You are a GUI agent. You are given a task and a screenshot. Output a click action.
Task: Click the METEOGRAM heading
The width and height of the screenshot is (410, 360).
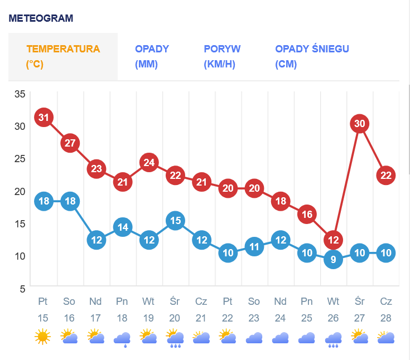(x=41, y=18)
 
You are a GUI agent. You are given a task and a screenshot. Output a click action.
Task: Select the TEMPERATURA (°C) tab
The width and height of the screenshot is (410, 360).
(x=63, y=56)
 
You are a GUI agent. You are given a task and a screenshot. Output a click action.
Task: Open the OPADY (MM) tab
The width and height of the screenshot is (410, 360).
(x=152, y=56)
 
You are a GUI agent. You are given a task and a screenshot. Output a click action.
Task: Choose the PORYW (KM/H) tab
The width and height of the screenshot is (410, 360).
(x=222, y=56)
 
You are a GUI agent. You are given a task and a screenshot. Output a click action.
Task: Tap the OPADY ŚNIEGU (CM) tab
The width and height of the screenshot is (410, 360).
(x=312, y=56)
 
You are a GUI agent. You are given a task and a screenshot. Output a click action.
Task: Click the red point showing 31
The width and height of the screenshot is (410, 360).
(x=44, y=117)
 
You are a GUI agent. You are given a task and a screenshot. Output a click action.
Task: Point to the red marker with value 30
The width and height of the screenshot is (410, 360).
(x=360, y=123)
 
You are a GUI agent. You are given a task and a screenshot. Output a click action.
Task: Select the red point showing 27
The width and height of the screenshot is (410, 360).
(x=70, y=143)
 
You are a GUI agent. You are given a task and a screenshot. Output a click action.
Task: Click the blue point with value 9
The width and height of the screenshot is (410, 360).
(x=333, y=259)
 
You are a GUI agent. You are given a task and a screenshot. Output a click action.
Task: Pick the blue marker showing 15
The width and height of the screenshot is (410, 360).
(x=175, y=220)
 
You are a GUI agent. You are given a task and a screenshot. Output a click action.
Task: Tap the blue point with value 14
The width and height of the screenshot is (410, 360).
(x=123, y=227)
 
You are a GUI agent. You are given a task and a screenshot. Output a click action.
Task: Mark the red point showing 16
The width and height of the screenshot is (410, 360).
(x=307, y=214)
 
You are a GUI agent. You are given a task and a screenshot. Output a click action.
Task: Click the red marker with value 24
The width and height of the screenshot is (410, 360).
(x=149, y=163)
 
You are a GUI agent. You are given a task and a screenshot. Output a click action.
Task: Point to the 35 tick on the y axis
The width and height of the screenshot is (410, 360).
(x=20, y=94)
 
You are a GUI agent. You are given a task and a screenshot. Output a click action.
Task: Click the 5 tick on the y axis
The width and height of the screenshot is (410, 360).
(x=23, y=289)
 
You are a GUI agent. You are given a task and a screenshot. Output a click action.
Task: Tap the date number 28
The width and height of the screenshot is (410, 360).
(x=386, y=319)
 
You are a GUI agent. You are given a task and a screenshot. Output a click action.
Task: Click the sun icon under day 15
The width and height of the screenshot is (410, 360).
(x=43, y=337)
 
